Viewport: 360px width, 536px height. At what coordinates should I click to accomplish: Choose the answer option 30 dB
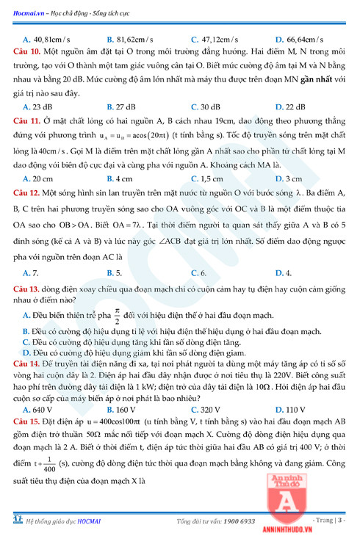tap(210, 106)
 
